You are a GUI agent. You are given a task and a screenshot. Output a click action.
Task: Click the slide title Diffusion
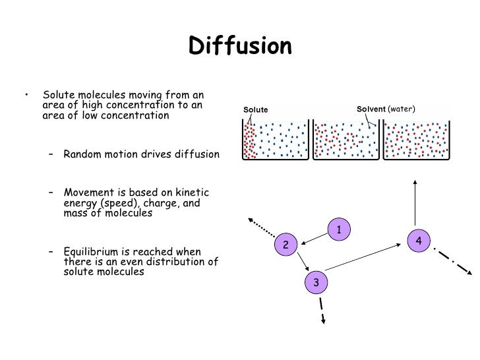[240, 46]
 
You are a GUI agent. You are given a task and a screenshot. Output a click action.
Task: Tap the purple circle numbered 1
[338, 229]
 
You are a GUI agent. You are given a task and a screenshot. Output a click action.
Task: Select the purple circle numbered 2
[286, 245]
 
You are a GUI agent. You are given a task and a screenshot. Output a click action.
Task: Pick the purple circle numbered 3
[316, 282]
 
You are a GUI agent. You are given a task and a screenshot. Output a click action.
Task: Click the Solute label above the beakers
[256, 109]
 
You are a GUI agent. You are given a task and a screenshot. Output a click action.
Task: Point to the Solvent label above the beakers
[371, 109]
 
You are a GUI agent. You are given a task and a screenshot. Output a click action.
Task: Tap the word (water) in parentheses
[402, 109]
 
